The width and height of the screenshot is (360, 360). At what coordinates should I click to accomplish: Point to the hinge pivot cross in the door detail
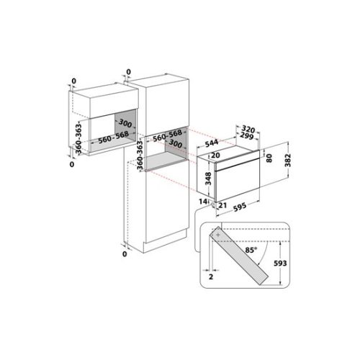click(x=216, y=234)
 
